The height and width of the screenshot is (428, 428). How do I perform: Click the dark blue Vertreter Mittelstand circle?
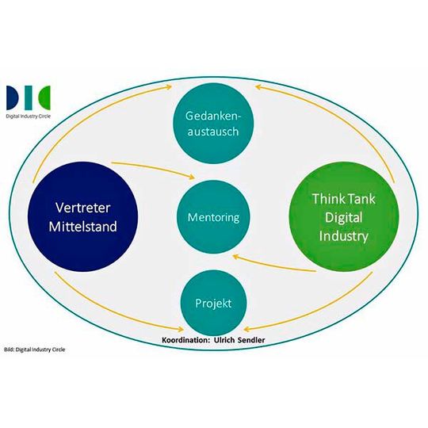click(86, 214)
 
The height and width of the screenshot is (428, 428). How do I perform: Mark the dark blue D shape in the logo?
click(13, 97)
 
